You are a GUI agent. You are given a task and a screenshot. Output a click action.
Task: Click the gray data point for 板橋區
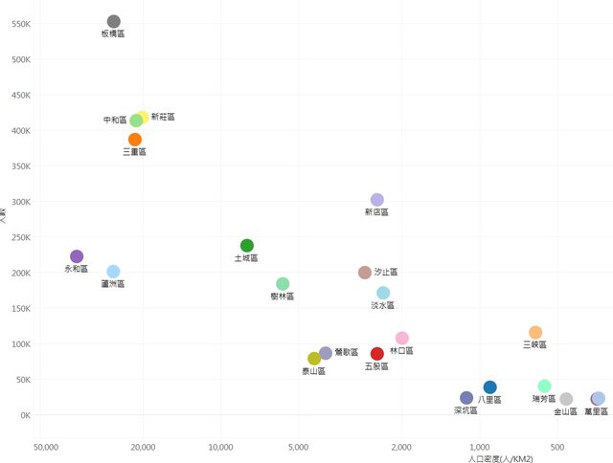coord(114,21)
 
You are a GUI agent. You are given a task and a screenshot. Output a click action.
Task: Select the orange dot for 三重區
coord(135,140)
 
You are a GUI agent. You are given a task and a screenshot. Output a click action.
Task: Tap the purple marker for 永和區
coord(77,256)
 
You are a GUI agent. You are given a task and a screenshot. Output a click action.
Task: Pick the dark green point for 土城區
coord(247,246)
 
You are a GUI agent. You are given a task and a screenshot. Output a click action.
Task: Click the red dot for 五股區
coord(377,354)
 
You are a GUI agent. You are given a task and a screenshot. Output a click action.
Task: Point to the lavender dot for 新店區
coord(377,200)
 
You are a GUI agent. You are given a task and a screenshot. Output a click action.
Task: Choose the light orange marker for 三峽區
coord(535,333)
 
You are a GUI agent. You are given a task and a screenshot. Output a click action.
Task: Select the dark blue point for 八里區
coord(490,387)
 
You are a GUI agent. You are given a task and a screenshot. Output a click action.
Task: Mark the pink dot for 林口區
coord(402,339)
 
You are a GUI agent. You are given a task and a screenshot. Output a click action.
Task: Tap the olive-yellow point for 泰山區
coord(314,359)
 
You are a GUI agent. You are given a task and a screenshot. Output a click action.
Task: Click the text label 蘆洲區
coord(113,284)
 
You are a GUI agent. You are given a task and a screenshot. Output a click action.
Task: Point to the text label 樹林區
coord(283,297)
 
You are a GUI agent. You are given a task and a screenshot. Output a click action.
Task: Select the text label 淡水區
coord(383,306)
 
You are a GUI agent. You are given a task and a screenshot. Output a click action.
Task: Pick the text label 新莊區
coord(163,117)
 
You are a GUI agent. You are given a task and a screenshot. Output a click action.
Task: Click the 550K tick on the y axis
coord(20,24)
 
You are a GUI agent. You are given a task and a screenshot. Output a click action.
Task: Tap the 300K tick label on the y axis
coord(20,202)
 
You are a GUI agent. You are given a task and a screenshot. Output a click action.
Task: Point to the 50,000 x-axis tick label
coord(46,448)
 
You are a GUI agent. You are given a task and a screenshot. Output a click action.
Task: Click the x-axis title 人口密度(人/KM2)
coord(501,460)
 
